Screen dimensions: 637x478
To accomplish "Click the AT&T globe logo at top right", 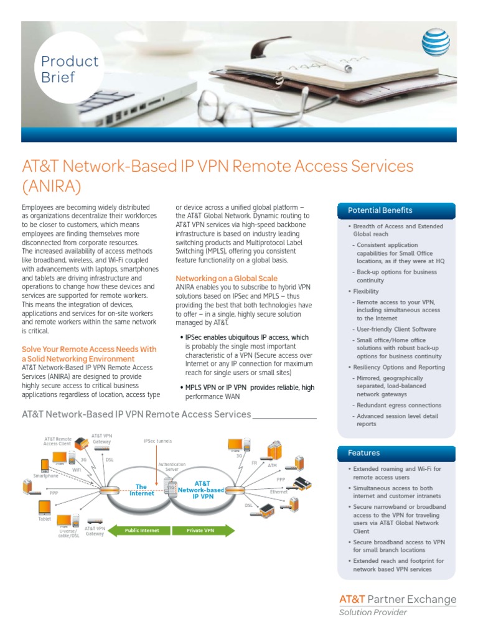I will (436, 42).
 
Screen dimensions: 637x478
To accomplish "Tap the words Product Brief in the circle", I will (69, 69).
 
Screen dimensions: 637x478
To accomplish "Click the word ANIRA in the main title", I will (52, 186).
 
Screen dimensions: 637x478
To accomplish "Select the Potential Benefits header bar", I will (396, 211).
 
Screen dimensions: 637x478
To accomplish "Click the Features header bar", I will (396, 453).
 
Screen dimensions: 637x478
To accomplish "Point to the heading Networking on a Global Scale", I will (227, 278).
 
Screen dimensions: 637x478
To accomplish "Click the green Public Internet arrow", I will (141, 531).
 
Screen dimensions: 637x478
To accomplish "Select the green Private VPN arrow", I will (202, 531).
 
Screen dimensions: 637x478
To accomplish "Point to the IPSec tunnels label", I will (157, 441).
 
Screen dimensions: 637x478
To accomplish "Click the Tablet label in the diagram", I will (45, 518).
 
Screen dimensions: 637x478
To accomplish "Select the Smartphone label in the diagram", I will (46, 476).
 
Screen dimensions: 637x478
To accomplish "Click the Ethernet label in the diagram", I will (278, 491).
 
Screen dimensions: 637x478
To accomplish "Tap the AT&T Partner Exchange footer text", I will (397, 599).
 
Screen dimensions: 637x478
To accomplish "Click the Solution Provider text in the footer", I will (373, 613).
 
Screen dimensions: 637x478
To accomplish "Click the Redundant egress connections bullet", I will (398, 406).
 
